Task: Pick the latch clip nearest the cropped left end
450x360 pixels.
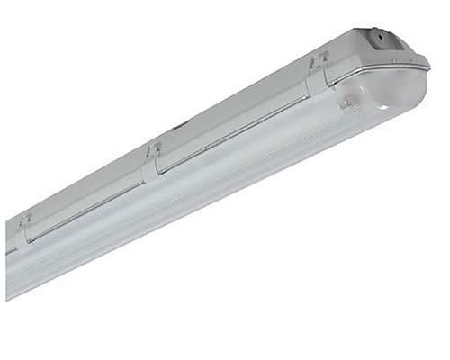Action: pyautogui.click(x=26, y=227)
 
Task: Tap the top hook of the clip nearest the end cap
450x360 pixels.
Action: pyautogui.click(x=316, y=60)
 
